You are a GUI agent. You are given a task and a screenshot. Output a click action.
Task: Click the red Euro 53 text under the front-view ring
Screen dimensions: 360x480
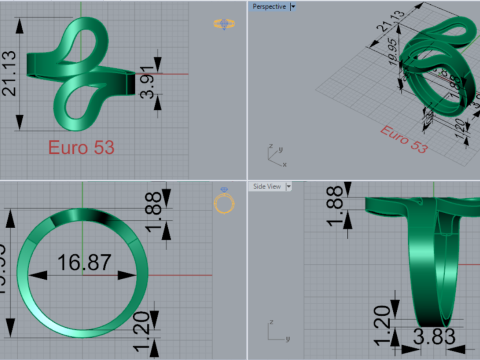point(81,147)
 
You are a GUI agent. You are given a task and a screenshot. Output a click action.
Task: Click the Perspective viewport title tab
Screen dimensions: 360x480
point(268,6)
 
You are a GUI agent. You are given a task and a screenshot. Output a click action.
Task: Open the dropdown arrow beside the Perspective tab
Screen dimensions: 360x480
point(292,6)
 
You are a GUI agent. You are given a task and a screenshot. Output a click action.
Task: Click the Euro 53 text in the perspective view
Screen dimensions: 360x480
point(404,141)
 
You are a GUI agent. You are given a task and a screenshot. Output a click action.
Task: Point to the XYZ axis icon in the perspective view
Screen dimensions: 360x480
point(271,153)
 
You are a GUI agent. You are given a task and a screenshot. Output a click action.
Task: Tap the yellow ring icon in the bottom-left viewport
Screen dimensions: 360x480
point(225,204)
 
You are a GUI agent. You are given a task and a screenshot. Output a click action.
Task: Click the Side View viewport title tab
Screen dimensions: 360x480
point(267,186)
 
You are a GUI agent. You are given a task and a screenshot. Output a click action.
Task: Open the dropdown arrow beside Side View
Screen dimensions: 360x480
point(288,186)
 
